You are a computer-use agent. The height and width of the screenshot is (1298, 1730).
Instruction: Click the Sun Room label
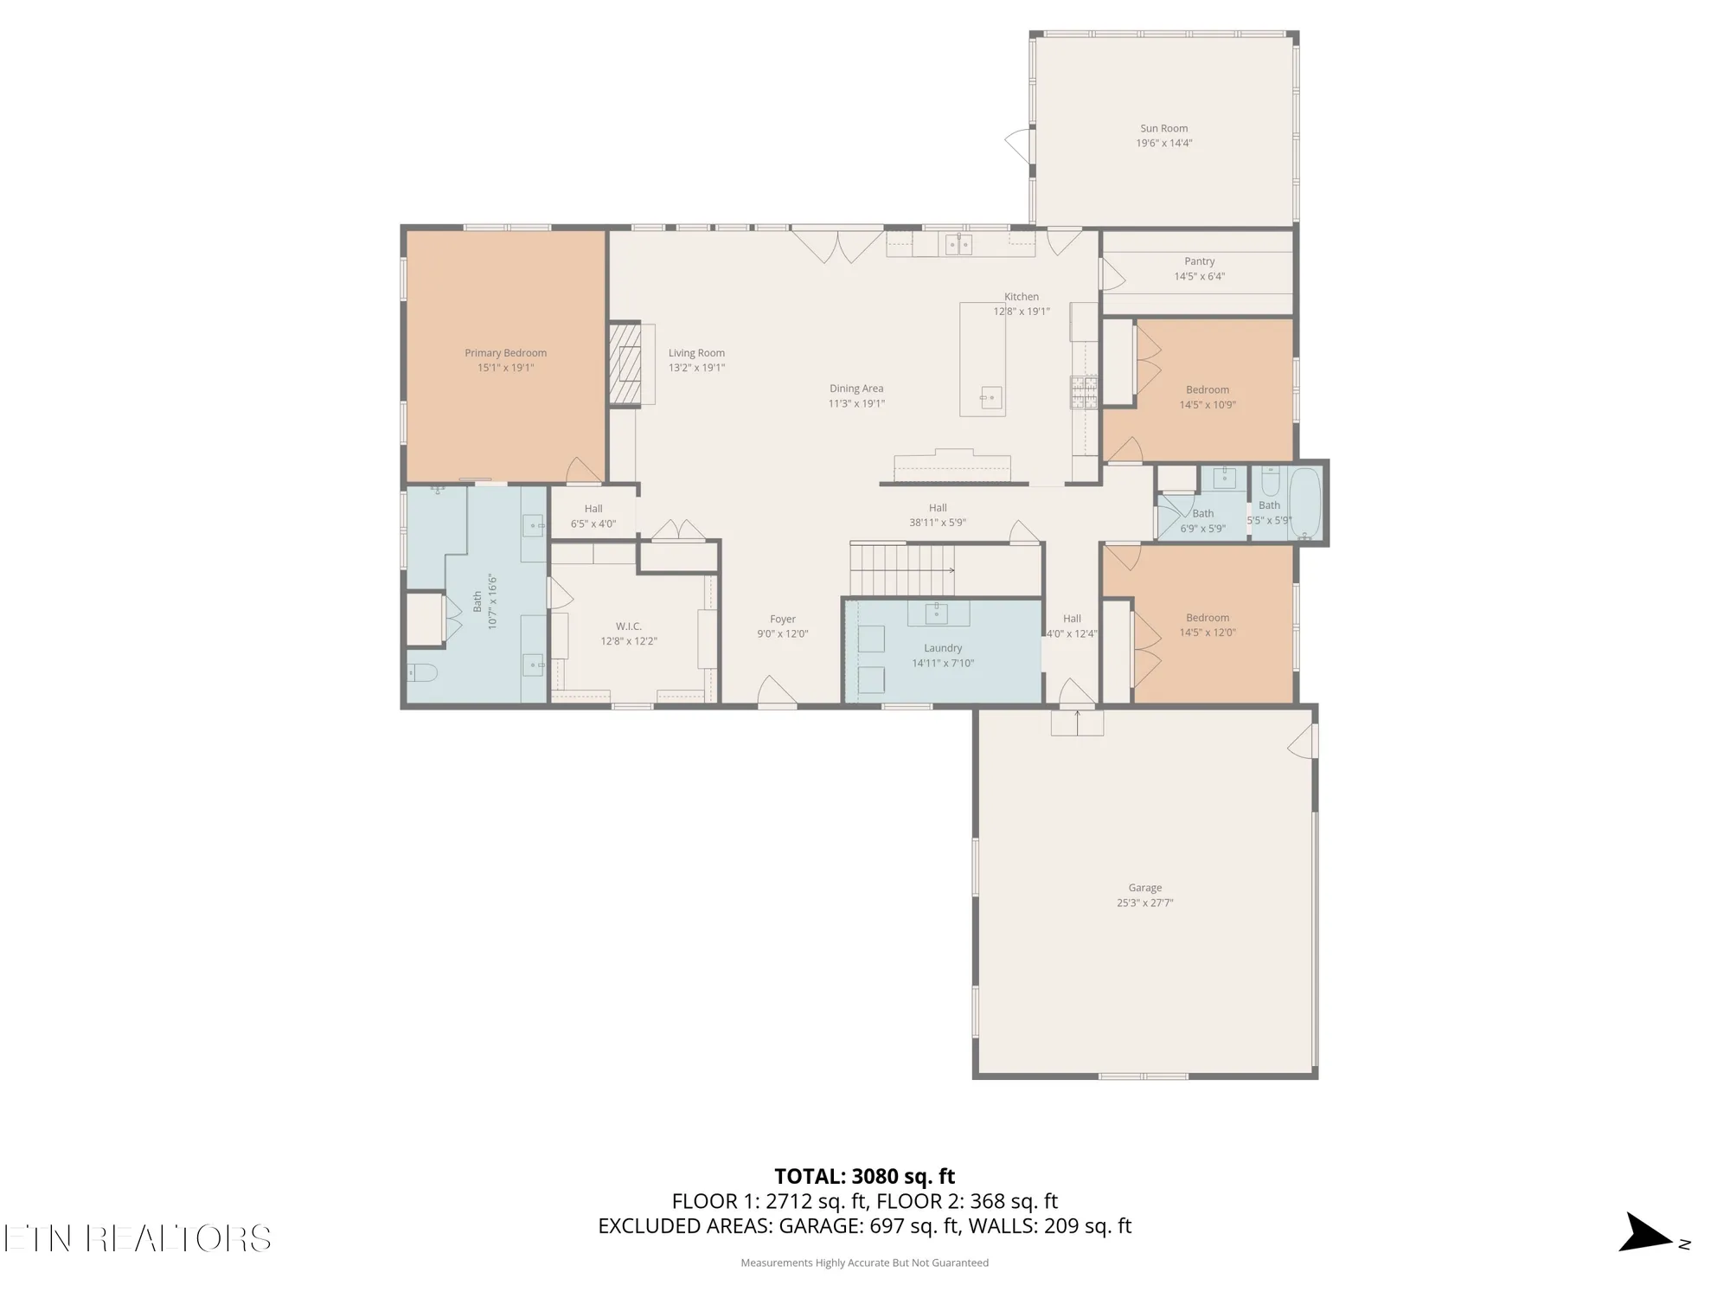coord(1163,128)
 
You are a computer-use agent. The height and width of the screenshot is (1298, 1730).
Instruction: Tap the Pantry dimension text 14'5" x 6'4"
coord(1199,277)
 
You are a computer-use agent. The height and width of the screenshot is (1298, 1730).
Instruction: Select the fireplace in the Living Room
coord(625,364)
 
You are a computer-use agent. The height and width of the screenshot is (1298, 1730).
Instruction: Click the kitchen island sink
coord(990,398)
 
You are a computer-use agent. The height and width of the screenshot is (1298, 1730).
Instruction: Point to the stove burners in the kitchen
coord(1084,392)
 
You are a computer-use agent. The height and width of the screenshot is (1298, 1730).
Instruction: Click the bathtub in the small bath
coord(1304,503)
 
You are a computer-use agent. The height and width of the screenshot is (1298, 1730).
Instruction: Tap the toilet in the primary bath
coord(423,672)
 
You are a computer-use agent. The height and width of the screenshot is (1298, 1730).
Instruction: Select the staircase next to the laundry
coord(900,569)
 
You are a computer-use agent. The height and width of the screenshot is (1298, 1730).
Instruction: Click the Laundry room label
coord(942,648)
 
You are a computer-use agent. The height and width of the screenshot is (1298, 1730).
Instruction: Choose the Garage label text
coord(1144,888)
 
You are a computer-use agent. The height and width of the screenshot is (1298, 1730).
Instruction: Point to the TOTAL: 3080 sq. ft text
coord(864,1177)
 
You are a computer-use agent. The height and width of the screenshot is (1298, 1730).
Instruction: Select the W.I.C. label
coord(629,627)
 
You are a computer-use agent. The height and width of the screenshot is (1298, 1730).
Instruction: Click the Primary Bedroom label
coord(505,353)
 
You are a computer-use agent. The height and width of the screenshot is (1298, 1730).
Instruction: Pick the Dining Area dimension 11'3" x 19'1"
coord(856,403)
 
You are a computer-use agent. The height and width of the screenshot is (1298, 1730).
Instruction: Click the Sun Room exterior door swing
coord(1018,145)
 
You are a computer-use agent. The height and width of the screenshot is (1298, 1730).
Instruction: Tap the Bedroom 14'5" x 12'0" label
coord(1208,618)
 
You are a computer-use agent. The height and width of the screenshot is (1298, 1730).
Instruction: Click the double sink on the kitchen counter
coord(958,245)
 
